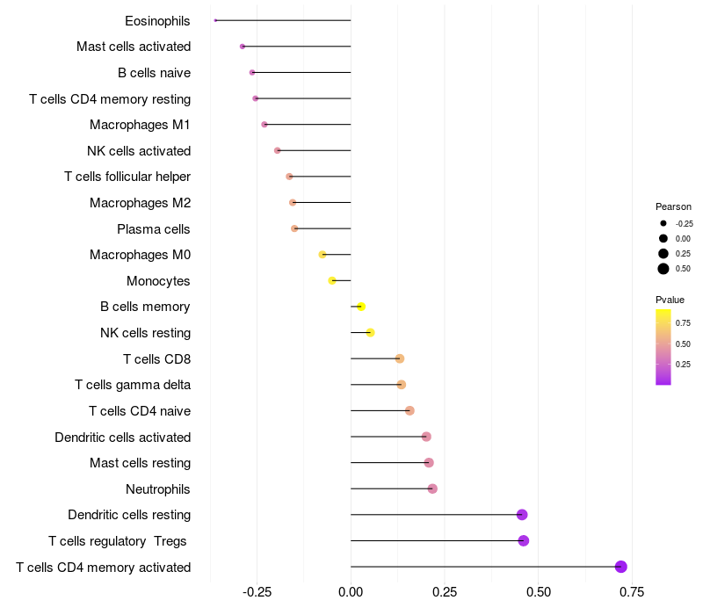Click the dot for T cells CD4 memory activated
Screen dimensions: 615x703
[x=621, y=567]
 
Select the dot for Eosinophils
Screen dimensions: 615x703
[x=215, y=20]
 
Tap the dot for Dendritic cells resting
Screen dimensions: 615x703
[x=522, y=515]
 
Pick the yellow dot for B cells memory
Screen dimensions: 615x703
[x=361, y=307]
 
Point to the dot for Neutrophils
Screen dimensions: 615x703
[x=432, y=488]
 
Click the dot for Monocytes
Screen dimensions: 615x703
[x=332, y=280]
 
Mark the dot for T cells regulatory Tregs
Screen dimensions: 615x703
[x=524, y=540]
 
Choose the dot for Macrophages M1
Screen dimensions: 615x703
[x=265, y=125]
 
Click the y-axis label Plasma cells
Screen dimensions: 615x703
[x=154, y=229]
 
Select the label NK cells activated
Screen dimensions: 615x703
[x=139, y=151]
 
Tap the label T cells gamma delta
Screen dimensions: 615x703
[x=133, y=385]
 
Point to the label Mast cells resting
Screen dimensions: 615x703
[x=141, y=463]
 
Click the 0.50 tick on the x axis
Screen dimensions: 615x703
[x=538, y=592]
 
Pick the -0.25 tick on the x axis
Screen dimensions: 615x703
[x=257, y=592]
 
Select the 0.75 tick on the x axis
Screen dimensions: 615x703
[x=631, y=592]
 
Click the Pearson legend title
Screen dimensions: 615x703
[x=673, y=206]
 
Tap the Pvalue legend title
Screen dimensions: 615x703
[x=670, y=300]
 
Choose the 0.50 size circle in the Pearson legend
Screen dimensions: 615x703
[x=663, y=269]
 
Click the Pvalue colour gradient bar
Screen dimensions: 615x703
[x=663, y=347]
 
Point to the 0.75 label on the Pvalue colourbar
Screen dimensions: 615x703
[x=684, y=322]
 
